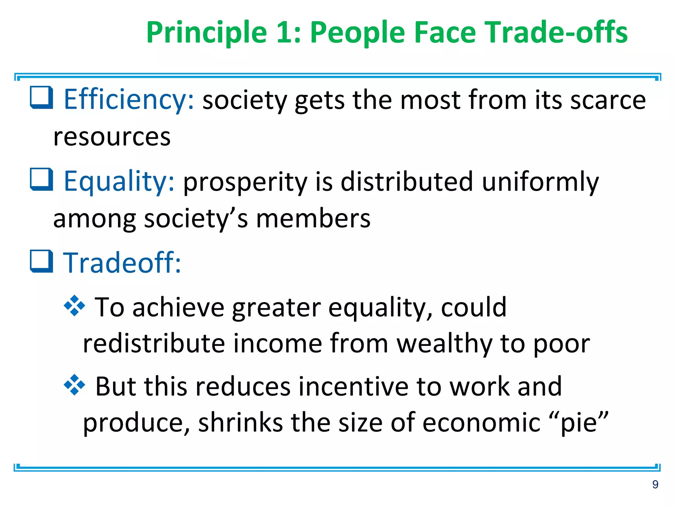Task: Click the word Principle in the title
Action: [207, 32]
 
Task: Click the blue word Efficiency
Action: [129, 99]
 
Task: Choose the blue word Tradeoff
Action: [122, 263]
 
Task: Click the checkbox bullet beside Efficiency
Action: [42, 98]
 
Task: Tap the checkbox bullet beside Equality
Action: [42, 180]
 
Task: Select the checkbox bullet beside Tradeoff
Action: [42, 261]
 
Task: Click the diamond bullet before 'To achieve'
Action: [74, 306]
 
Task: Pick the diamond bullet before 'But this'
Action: [74, 385]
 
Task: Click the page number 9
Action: [655, 484]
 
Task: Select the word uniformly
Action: [541, 182]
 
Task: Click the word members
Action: [313, 218]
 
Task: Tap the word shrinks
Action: [240, 423]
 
